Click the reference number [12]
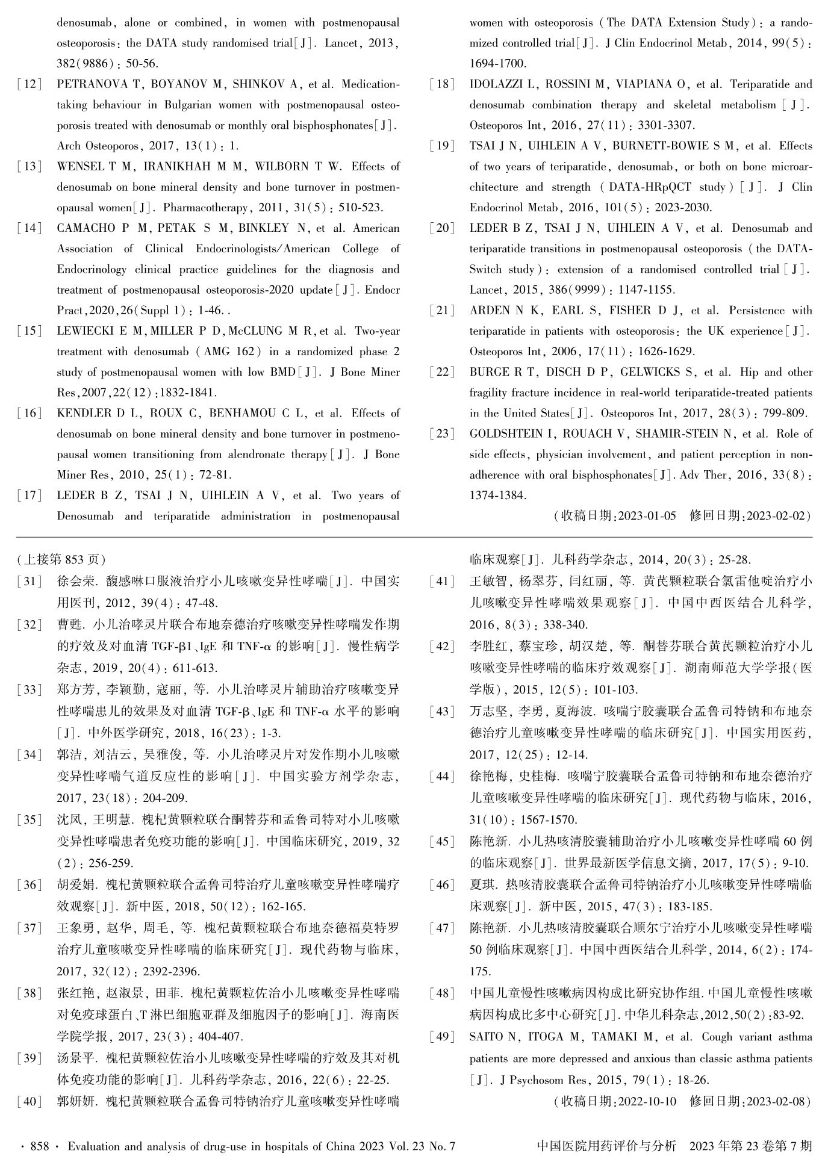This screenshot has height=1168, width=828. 30,84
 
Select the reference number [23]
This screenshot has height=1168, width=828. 443,434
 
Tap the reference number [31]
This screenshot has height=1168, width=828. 30,582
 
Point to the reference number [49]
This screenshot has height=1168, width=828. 443,1037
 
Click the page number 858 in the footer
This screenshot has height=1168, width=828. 39,1146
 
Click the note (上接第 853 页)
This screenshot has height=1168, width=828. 61,559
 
